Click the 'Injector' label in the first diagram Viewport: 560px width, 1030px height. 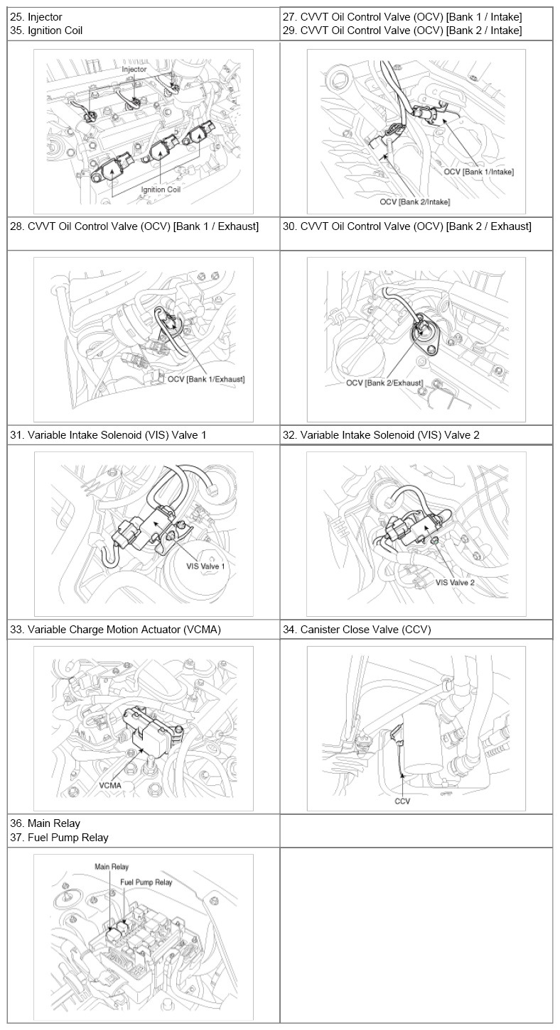(134, 69)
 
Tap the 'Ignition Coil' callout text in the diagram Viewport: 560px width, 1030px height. (161, 190)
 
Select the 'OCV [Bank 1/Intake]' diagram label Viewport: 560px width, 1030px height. (479, 172)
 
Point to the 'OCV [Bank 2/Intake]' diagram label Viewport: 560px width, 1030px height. (415, 202)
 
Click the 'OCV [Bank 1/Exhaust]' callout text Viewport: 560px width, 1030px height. (206, 379)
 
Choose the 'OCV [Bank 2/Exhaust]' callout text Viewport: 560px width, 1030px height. (384, 383)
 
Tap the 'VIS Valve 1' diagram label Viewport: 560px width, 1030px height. (205, 566)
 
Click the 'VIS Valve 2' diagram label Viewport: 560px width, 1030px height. (455, 583)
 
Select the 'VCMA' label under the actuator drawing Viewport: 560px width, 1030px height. (110, 785)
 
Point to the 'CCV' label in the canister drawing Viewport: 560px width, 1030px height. (402, 801)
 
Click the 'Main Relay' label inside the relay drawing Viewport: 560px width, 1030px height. (112, 867)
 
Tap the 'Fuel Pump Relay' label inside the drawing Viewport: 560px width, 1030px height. (146, 882)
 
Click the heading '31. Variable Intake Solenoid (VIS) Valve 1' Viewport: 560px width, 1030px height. (108, 435)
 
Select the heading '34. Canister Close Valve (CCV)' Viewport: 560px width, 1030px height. (357, 630)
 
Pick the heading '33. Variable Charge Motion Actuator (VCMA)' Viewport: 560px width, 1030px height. (116, 630)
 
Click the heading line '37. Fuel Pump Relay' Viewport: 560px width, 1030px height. (60, 838)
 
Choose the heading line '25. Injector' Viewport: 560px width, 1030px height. (36, 17)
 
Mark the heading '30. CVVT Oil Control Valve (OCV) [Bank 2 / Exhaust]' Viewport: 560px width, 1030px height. (407, 226)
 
